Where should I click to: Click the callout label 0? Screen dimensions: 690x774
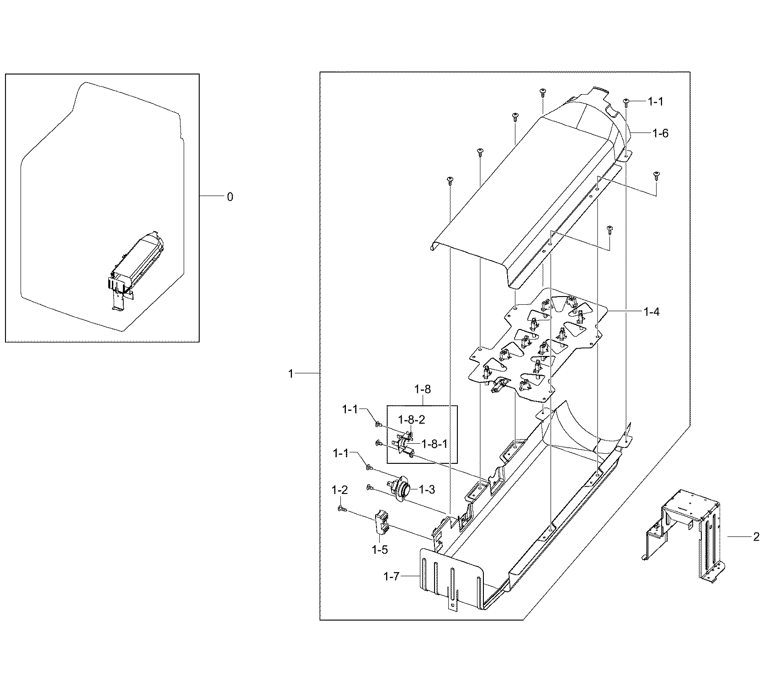click(x=230, y=197)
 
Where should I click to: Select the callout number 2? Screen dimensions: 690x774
click(x=756, y=537)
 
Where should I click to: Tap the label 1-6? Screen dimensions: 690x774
click(x=660, y=133)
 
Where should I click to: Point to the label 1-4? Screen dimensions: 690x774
click(x=652, y=312)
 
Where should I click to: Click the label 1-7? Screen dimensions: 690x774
click(x=392, y=577)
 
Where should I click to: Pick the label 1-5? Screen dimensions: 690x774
click(x=380, y=550)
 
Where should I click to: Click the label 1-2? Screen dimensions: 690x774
click(x=339, y=490)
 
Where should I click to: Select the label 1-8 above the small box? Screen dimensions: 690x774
click(x=422, y=389)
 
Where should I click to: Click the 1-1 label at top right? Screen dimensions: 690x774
click(x=655, y=102)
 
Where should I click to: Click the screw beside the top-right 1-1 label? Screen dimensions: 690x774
click(x=626, y=102)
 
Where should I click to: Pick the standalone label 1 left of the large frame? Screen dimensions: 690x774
click(x=291, y=374)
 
